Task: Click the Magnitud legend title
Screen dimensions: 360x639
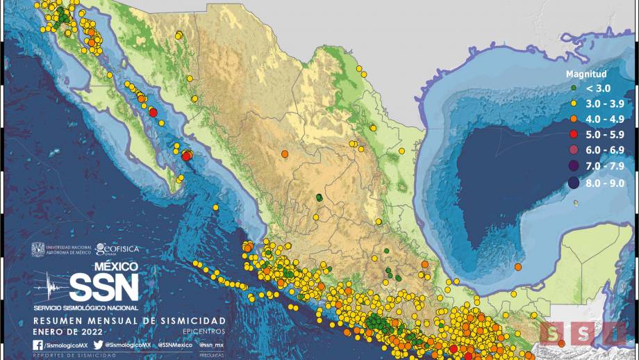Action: click(586, 74)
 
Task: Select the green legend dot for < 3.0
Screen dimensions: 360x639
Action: click(572, 88)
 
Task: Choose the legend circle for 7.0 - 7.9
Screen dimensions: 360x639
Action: click(573, 165)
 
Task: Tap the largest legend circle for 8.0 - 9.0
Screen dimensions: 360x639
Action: click(573, 183)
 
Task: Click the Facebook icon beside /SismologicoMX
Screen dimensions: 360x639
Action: click(38, 345)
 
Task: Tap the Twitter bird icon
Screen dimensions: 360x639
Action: click(98, 345)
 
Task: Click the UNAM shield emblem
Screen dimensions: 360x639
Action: click(38, 249)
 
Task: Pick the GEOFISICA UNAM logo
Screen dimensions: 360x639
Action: click(117, 249)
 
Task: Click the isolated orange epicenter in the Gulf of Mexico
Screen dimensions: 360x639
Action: click(518, 267)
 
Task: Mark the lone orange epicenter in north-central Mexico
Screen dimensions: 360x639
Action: click(285, 154)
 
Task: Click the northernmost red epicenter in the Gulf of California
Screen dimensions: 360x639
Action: click(153, 112)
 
